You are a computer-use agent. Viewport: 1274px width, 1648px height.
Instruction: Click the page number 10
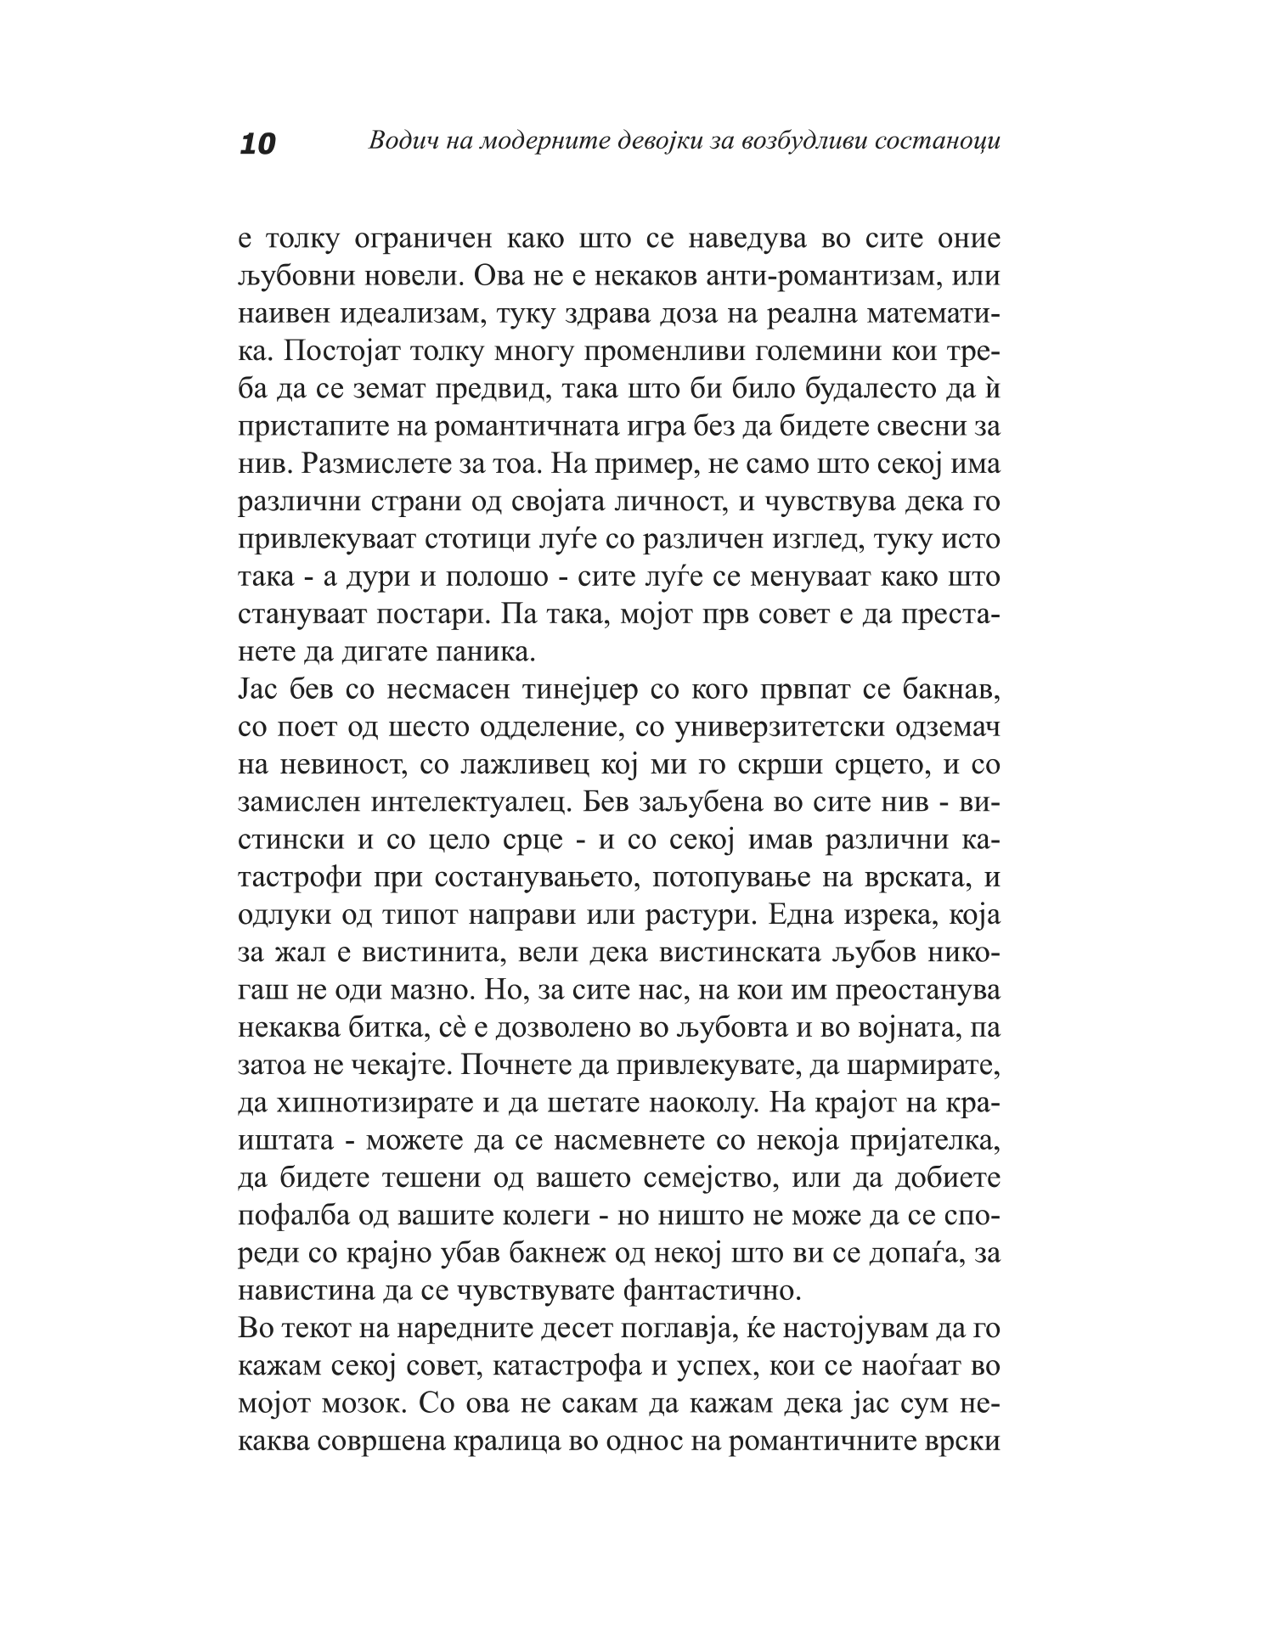tap(258, 143)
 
